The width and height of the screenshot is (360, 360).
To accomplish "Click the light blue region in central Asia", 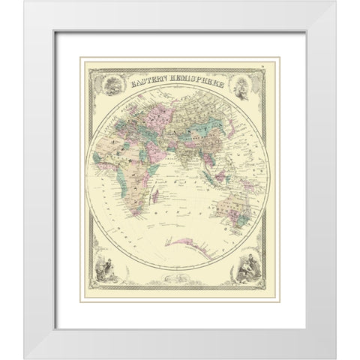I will click(x=200, y=124).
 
